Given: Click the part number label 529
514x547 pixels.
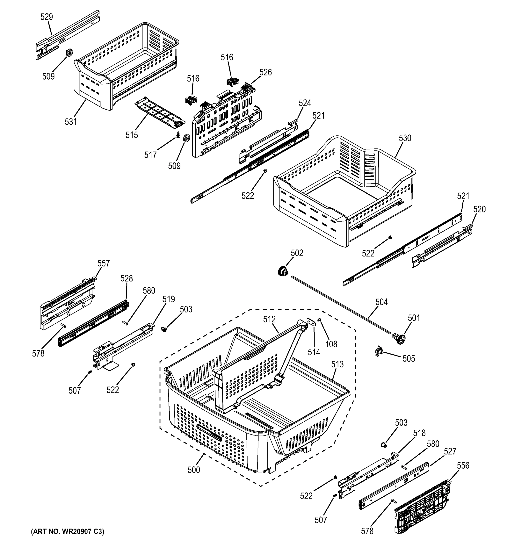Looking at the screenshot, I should coord(46,17).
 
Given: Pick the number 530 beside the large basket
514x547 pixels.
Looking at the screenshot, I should coord(405,138).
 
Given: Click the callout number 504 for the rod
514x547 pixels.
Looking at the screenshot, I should coord(381,302).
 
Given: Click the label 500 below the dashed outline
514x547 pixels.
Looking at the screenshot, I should coord(194,470).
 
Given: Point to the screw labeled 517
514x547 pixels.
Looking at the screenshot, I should coord(178,135).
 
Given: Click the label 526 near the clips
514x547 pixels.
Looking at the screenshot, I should coord(265,72).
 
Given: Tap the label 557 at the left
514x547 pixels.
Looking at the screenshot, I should coord(103,263).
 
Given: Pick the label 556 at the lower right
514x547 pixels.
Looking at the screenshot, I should coord(463,466).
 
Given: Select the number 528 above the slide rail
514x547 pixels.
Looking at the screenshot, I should coord(126,279).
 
